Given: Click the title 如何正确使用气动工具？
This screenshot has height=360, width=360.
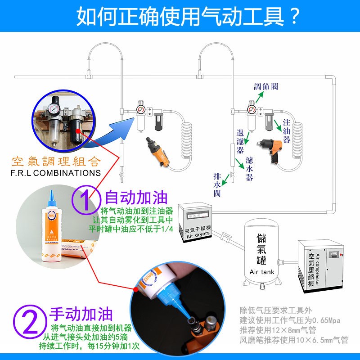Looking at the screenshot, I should tap(188, 16).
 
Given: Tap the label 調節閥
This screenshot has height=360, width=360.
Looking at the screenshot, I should tap(269, 86).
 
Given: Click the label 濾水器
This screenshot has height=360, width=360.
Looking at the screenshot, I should tap(249, 168).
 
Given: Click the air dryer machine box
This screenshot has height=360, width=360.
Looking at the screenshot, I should tap(194, 222).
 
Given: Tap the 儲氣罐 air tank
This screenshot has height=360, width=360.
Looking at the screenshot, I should tap(261, 252).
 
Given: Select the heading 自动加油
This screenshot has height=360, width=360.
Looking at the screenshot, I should tap(136, 198).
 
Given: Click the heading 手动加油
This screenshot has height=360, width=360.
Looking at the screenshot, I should tap(81, 314).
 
